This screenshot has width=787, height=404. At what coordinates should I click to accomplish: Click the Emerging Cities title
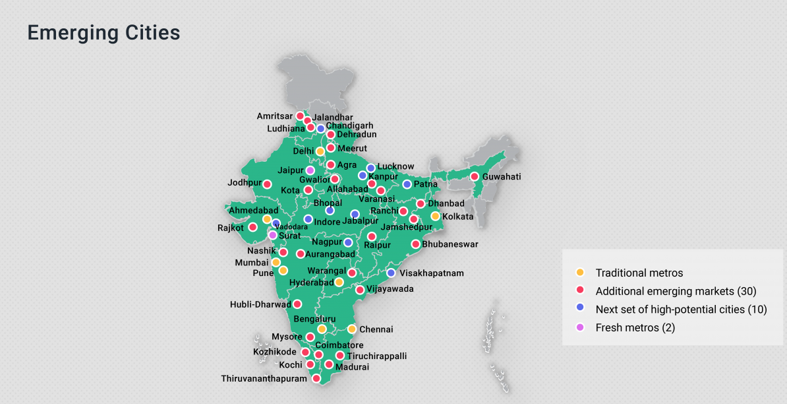103,33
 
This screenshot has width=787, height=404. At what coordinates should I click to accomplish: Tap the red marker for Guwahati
474,177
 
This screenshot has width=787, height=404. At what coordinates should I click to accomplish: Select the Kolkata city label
457,217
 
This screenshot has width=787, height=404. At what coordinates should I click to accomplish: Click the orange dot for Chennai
352,329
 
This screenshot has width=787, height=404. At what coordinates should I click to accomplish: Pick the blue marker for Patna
407,184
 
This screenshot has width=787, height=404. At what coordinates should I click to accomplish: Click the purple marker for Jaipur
310,170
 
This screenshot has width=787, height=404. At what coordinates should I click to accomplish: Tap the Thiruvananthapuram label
264,379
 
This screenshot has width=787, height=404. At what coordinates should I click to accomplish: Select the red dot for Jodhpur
267,184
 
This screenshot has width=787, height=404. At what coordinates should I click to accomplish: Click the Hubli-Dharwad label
260,305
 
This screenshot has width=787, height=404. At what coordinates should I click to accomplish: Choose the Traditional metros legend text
639,273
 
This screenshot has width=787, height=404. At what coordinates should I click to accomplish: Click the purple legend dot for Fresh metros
580,327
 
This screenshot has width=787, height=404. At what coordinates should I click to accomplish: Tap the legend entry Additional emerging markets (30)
675,291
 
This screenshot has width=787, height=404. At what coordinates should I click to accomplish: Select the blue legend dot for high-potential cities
580,309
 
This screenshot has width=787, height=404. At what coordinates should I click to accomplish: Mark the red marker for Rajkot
252,227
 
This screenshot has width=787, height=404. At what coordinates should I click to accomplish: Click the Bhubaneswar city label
450,244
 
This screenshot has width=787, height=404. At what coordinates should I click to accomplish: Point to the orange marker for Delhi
320,151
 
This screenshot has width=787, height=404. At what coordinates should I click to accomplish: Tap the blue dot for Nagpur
348,243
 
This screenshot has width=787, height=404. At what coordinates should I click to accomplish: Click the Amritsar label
275,116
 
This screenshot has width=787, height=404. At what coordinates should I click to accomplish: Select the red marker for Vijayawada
360,290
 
